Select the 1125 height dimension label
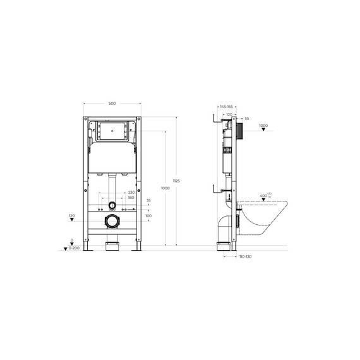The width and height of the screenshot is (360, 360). tap(176, 181)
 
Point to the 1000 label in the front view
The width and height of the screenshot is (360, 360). tap(165, 188)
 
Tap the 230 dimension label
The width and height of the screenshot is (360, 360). tap(131, 192)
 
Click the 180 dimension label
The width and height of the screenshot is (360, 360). tap(131, 198)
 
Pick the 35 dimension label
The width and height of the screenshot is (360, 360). tap(148, 201)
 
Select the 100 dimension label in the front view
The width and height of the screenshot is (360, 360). tap(148, 216)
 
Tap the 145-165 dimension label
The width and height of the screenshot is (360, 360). tap(225, 107)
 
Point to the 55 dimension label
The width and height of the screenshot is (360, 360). tap(247, 118)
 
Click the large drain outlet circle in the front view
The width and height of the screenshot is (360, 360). tap(112, 221)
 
